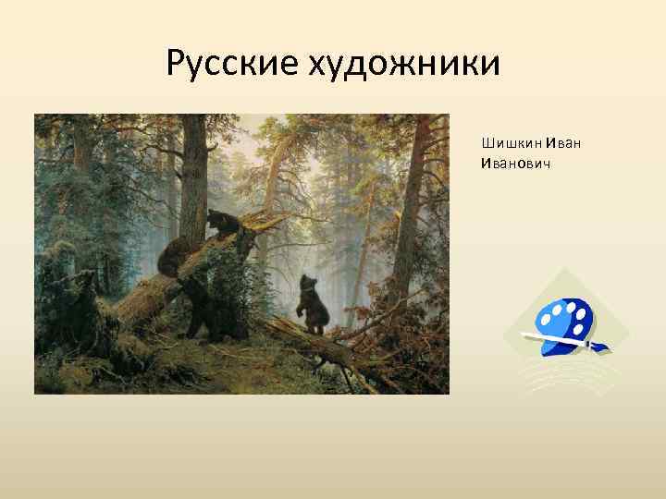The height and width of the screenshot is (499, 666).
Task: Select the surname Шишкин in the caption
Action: coord(512,143)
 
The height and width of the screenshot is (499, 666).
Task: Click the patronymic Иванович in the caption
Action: coord(511,163)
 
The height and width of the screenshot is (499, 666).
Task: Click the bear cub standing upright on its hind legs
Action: coord(312,306)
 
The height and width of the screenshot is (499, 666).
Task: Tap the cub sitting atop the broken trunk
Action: coord(222,225)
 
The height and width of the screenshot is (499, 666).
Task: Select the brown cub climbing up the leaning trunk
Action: coord(172,256)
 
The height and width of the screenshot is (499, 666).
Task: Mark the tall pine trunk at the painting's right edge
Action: coord(411,203)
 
